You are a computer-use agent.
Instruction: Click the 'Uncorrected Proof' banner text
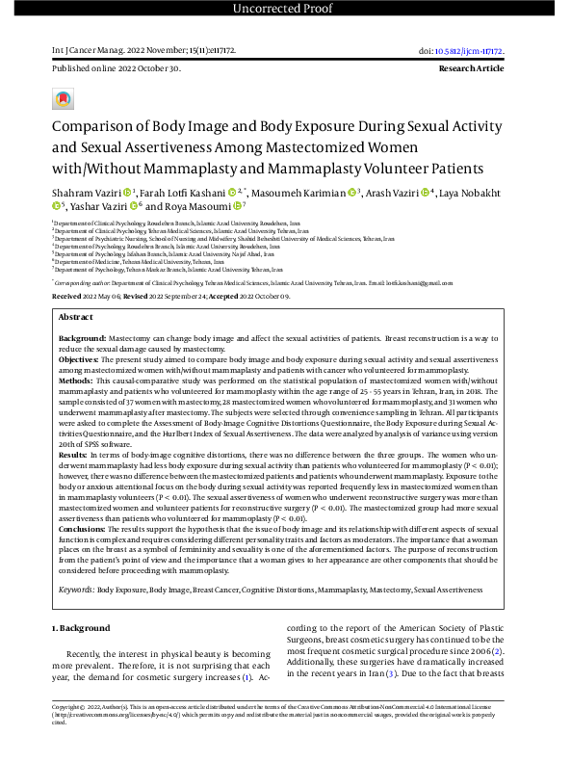[x=285, y=10]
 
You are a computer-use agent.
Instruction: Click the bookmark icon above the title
[x=63, y=100]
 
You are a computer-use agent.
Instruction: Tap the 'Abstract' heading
[x=76, y=317]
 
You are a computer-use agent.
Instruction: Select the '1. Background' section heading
[x=81, y=627]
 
